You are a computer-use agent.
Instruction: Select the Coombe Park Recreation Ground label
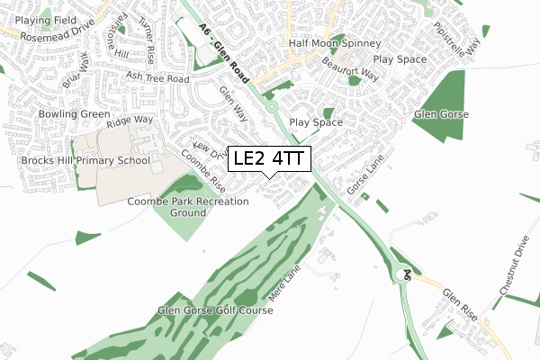188,208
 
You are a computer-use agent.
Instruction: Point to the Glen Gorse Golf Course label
215,310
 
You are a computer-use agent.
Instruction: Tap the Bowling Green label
74,115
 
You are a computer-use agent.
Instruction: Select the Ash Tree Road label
157,78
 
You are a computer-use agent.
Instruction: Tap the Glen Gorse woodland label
438,114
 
